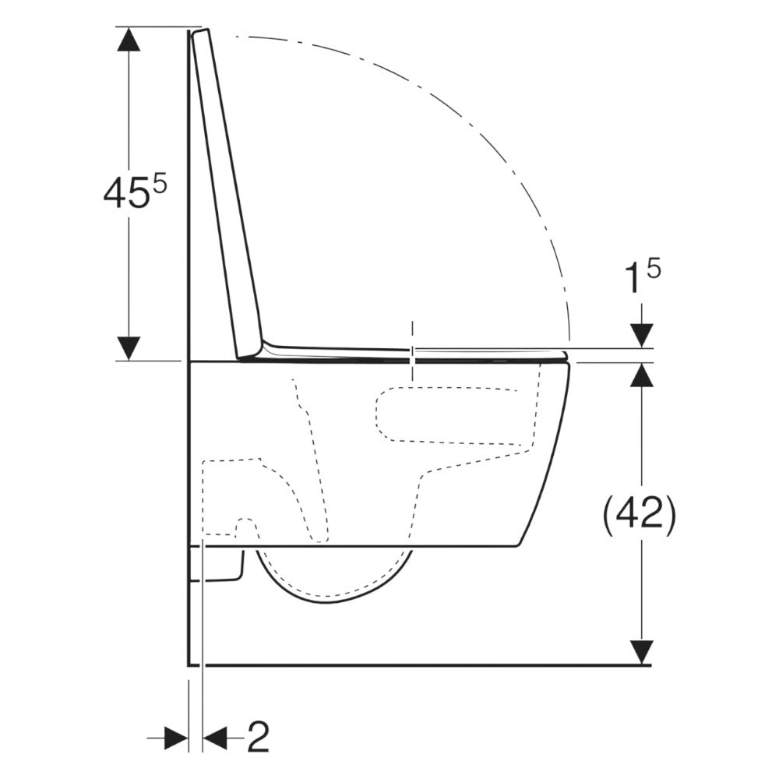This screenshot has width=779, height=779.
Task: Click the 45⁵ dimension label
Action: point(135,192)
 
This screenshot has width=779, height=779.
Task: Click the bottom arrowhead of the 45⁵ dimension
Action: point(128,347)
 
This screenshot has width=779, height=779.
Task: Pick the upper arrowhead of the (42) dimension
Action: point(641,375)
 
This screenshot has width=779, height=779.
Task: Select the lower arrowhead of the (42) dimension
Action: point(641,652)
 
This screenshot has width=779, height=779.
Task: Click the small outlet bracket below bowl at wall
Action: point(218,565)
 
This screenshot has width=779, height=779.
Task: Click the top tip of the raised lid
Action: point(203,33)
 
